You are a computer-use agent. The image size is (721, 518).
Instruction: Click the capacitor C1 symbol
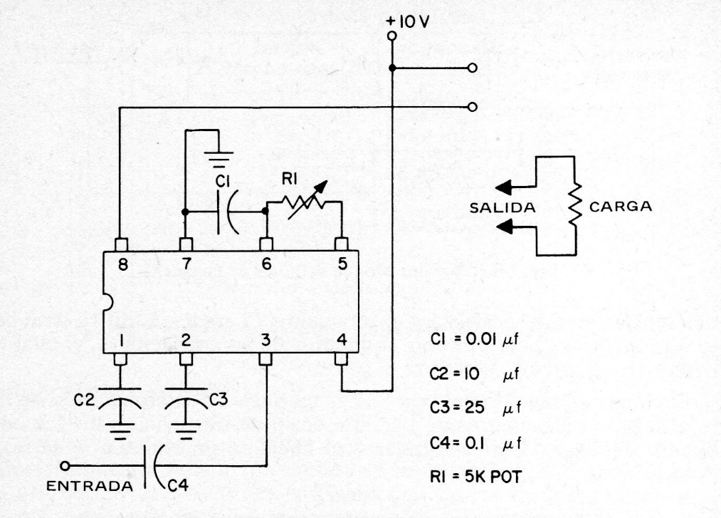(228, 212)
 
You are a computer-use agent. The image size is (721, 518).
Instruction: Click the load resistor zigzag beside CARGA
(574, 207)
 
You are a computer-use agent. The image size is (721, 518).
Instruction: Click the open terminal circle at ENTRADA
(65, 466)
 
